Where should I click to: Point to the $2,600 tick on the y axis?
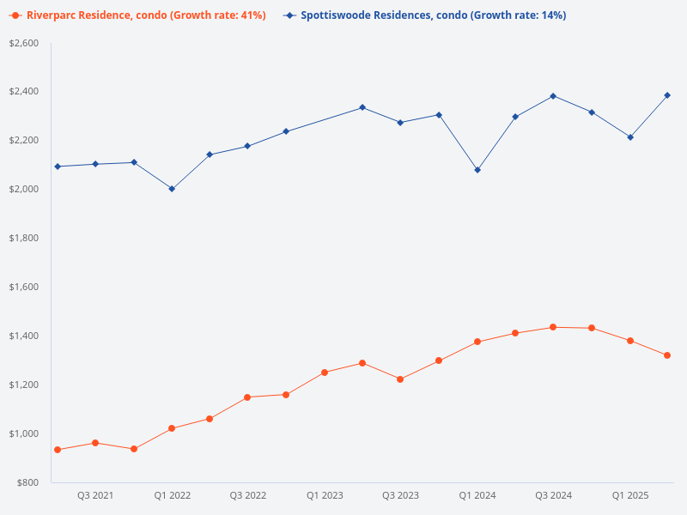[24, 43]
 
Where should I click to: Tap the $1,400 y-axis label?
[24, 336]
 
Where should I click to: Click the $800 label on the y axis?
[27, 482]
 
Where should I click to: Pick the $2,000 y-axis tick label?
[24, 189]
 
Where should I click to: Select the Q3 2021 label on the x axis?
[95, 496]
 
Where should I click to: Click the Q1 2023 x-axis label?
[325, 496]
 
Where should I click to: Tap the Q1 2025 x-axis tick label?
[629, 496]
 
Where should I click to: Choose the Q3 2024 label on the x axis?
[553, 496]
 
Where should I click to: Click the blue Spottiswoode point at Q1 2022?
[172, 189]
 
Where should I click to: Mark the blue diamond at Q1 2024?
[477, 170]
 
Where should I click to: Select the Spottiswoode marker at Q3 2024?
[553, 96]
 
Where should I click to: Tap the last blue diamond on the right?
[667, 95]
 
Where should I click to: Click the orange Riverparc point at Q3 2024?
[553, 327]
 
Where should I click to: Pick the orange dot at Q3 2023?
[400, 379]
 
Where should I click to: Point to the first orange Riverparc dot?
[58, 450]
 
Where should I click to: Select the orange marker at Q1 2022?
[172, 428]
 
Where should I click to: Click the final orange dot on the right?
[667, 355]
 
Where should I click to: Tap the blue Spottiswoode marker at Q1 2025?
[629, 137]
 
